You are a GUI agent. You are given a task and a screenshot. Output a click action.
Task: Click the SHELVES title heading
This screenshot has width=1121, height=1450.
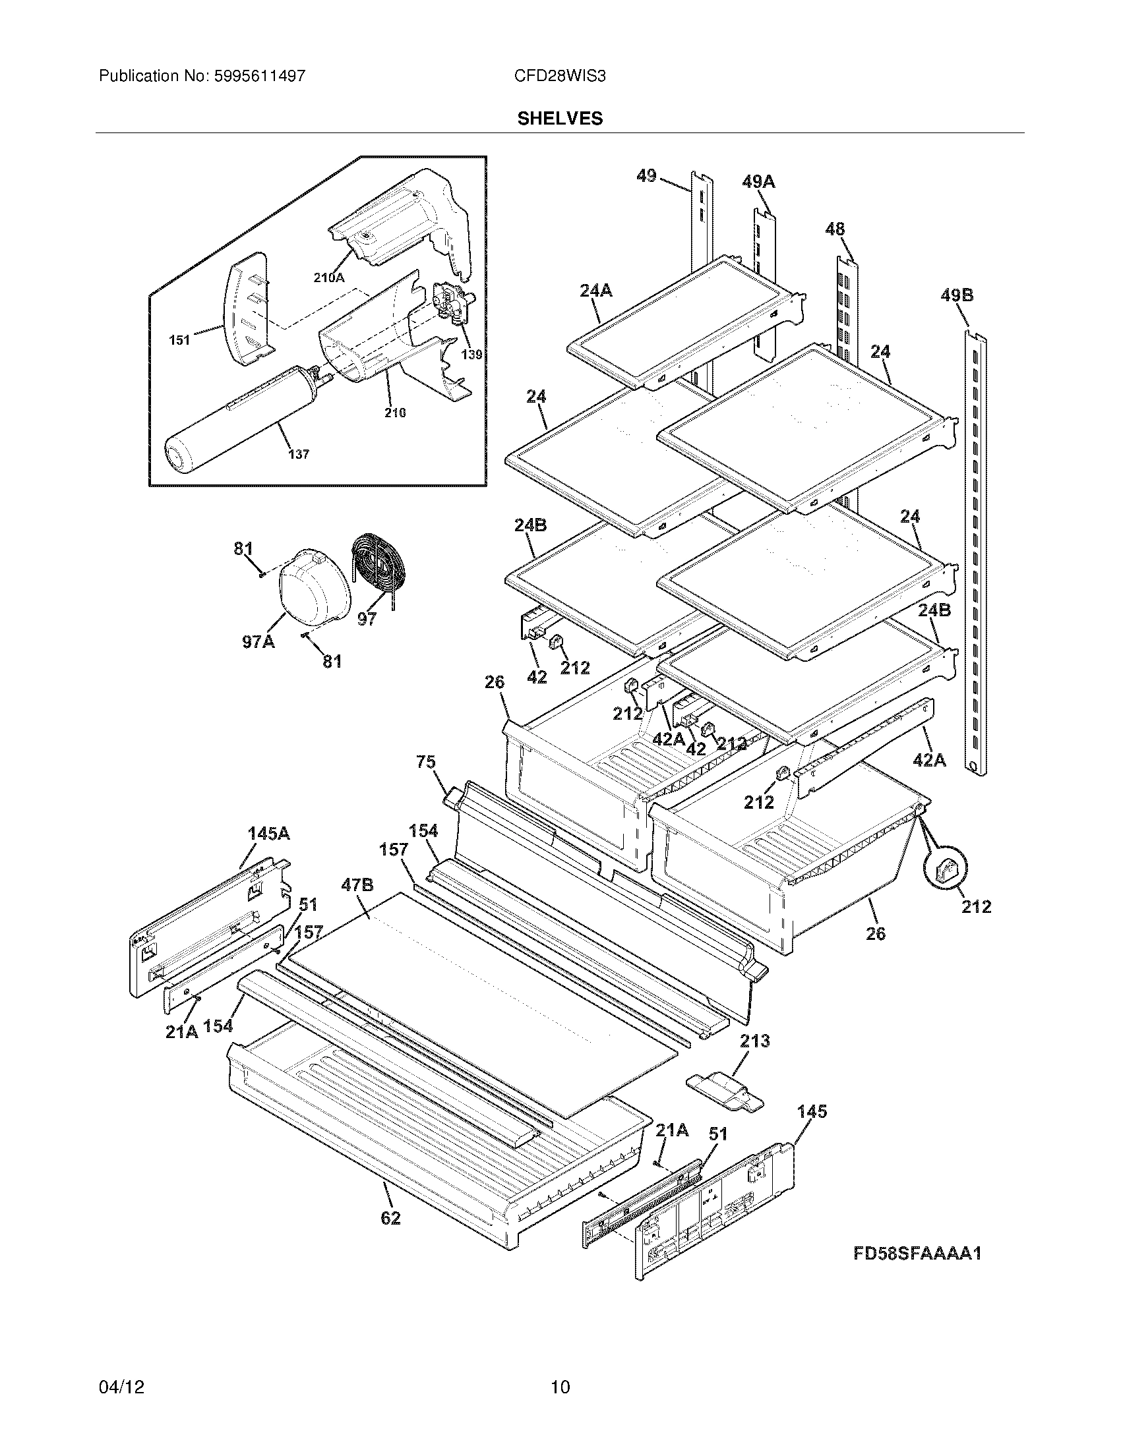coord(560,119)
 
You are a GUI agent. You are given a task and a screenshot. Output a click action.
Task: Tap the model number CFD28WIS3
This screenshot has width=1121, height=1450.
coord(560,76)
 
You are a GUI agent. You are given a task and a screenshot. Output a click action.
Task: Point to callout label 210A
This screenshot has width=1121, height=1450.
coord(329,278)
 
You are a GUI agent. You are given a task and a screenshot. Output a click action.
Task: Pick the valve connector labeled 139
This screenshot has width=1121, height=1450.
coord(452,307)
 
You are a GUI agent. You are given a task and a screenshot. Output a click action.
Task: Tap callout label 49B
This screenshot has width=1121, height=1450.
coord(957,295)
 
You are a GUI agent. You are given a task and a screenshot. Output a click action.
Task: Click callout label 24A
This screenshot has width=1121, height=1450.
coord(595,290)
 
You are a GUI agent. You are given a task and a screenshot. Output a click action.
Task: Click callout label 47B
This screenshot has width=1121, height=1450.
coord(357,884)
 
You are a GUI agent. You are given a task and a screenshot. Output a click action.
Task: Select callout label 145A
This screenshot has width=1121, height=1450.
coord(268,833)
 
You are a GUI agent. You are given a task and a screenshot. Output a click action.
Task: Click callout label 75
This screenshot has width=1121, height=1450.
coord(426,761)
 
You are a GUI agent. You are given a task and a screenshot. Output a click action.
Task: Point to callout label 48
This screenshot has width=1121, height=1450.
coord(835,229)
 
